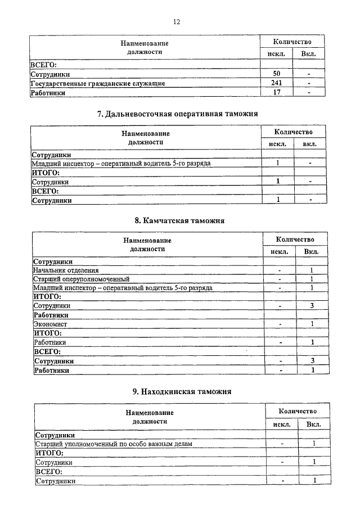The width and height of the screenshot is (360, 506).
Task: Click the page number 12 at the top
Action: click(177, 22)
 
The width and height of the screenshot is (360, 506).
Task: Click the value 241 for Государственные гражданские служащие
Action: click(276, 83)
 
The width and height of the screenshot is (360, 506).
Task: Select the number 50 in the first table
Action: click(276, 74)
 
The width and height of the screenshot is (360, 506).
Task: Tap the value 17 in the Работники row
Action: click(276, 93)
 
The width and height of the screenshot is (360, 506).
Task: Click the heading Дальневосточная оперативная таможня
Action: click(177, 114)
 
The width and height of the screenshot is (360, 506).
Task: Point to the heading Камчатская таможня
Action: click(179, 220)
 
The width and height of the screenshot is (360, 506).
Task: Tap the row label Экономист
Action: click(51, 324)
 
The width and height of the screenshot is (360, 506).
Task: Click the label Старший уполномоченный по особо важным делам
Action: click(114, 444)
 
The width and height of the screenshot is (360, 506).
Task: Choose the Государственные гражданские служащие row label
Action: click(97, 84)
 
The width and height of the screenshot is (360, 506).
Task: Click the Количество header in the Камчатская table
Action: click(295, 239)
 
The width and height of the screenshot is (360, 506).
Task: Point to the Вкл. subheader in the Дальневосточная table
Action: click(309, 144)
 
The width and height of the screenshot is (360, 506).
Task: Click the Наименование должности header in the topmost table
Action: click(145, 47)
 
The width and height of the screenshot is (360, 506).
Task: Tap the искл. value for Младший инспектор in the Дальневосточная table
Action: click(278, 163)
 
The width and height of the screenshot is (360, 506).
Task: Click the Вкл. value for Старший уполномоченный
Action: click(313, 444)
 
